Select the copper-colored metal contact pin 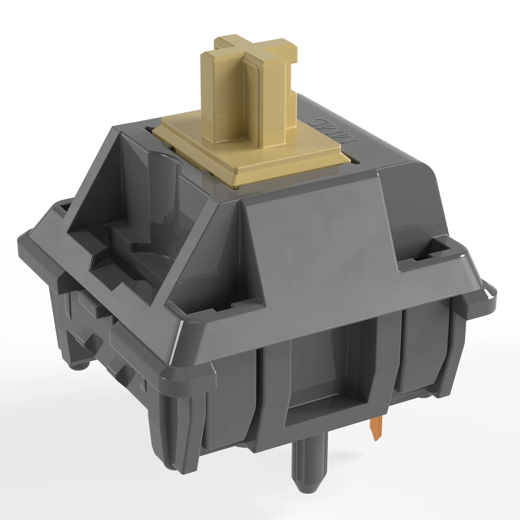tap(376, 428)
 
